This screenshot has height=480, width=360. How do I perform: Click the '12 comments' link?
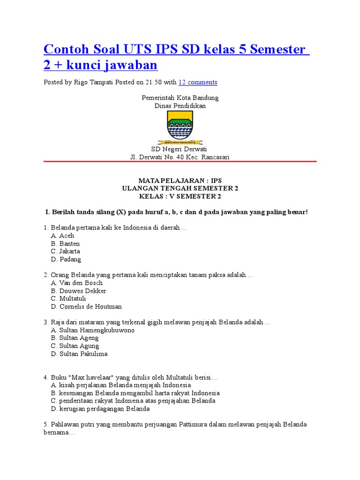tap(198, 82)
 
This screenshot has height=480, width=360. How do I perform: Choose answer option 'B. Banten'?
tap(65, 244)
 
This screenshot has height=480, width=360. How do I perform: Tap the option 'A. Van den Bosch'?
tap(76, 283)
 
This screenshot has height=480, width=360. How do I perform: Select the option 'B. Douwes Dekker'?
tap(78, 291)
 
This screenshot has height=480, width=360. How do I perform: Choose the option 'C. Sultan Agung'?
tap(75, 346)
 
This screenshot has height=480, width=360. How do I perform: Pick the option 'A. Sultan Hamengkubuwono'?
tap(92, 330)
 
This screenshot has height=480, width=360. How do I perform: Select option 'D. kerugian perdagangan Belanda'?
tap(100, 409)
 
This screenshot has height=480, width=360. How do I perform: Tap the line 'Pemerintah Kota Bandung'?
tap(180, 98)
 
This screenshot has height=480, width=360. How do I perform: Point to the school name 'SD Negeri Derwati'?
tap(180, 149)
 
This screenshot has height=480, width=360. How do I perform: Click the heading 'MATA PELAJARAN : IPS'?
tap(180, 180)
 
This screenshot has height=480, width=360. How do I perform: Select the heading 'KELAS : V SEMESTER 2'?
tap(180, 196)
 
